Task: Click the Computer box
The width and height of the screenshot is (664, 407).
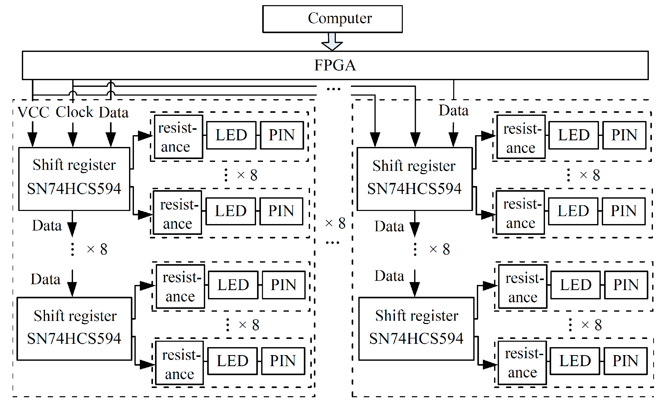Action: pos(332,19)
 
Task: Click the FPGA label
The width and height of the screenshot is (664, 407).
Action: pos(335,65)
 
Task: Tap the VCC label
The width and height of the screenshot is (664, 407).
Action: pos(33,112)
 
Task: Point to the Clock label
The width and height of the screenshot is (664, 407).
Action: pos(74,112)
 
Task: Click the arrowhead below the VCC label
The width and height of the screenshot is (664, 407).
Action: pos(32,139)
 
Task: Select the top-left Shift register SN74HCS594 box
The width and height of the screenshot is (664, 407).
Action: pos(74,179)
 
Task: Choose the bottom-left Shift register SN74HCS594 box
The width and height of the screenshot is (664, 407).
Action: pos(74,329)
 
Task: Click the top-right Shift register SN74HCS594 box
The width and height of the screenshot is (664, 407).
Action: pos(414,179)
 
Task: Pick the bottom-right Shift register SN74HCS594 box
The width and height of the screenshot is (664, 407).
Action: pos(416,329)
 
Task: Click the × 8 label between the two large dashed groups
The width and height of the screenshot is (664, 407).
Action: pos(335,223)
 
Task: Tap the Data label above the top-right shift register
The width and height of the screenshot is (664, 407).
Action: pos(453,110)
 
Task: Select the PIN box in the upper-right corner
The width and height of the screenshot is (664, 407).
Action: pos(624,135)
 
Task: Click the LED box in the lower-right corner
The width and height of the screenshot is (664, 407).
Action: pos(575,361)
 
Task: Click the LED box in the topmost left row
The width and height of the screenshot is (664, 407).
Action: pos(231,135)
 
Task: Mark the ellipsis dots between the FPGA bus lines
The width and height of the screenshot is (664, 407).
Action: pos(334,89)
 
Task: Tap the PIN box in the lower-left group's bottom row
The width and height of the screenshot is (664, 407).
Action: pos(283,361)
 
